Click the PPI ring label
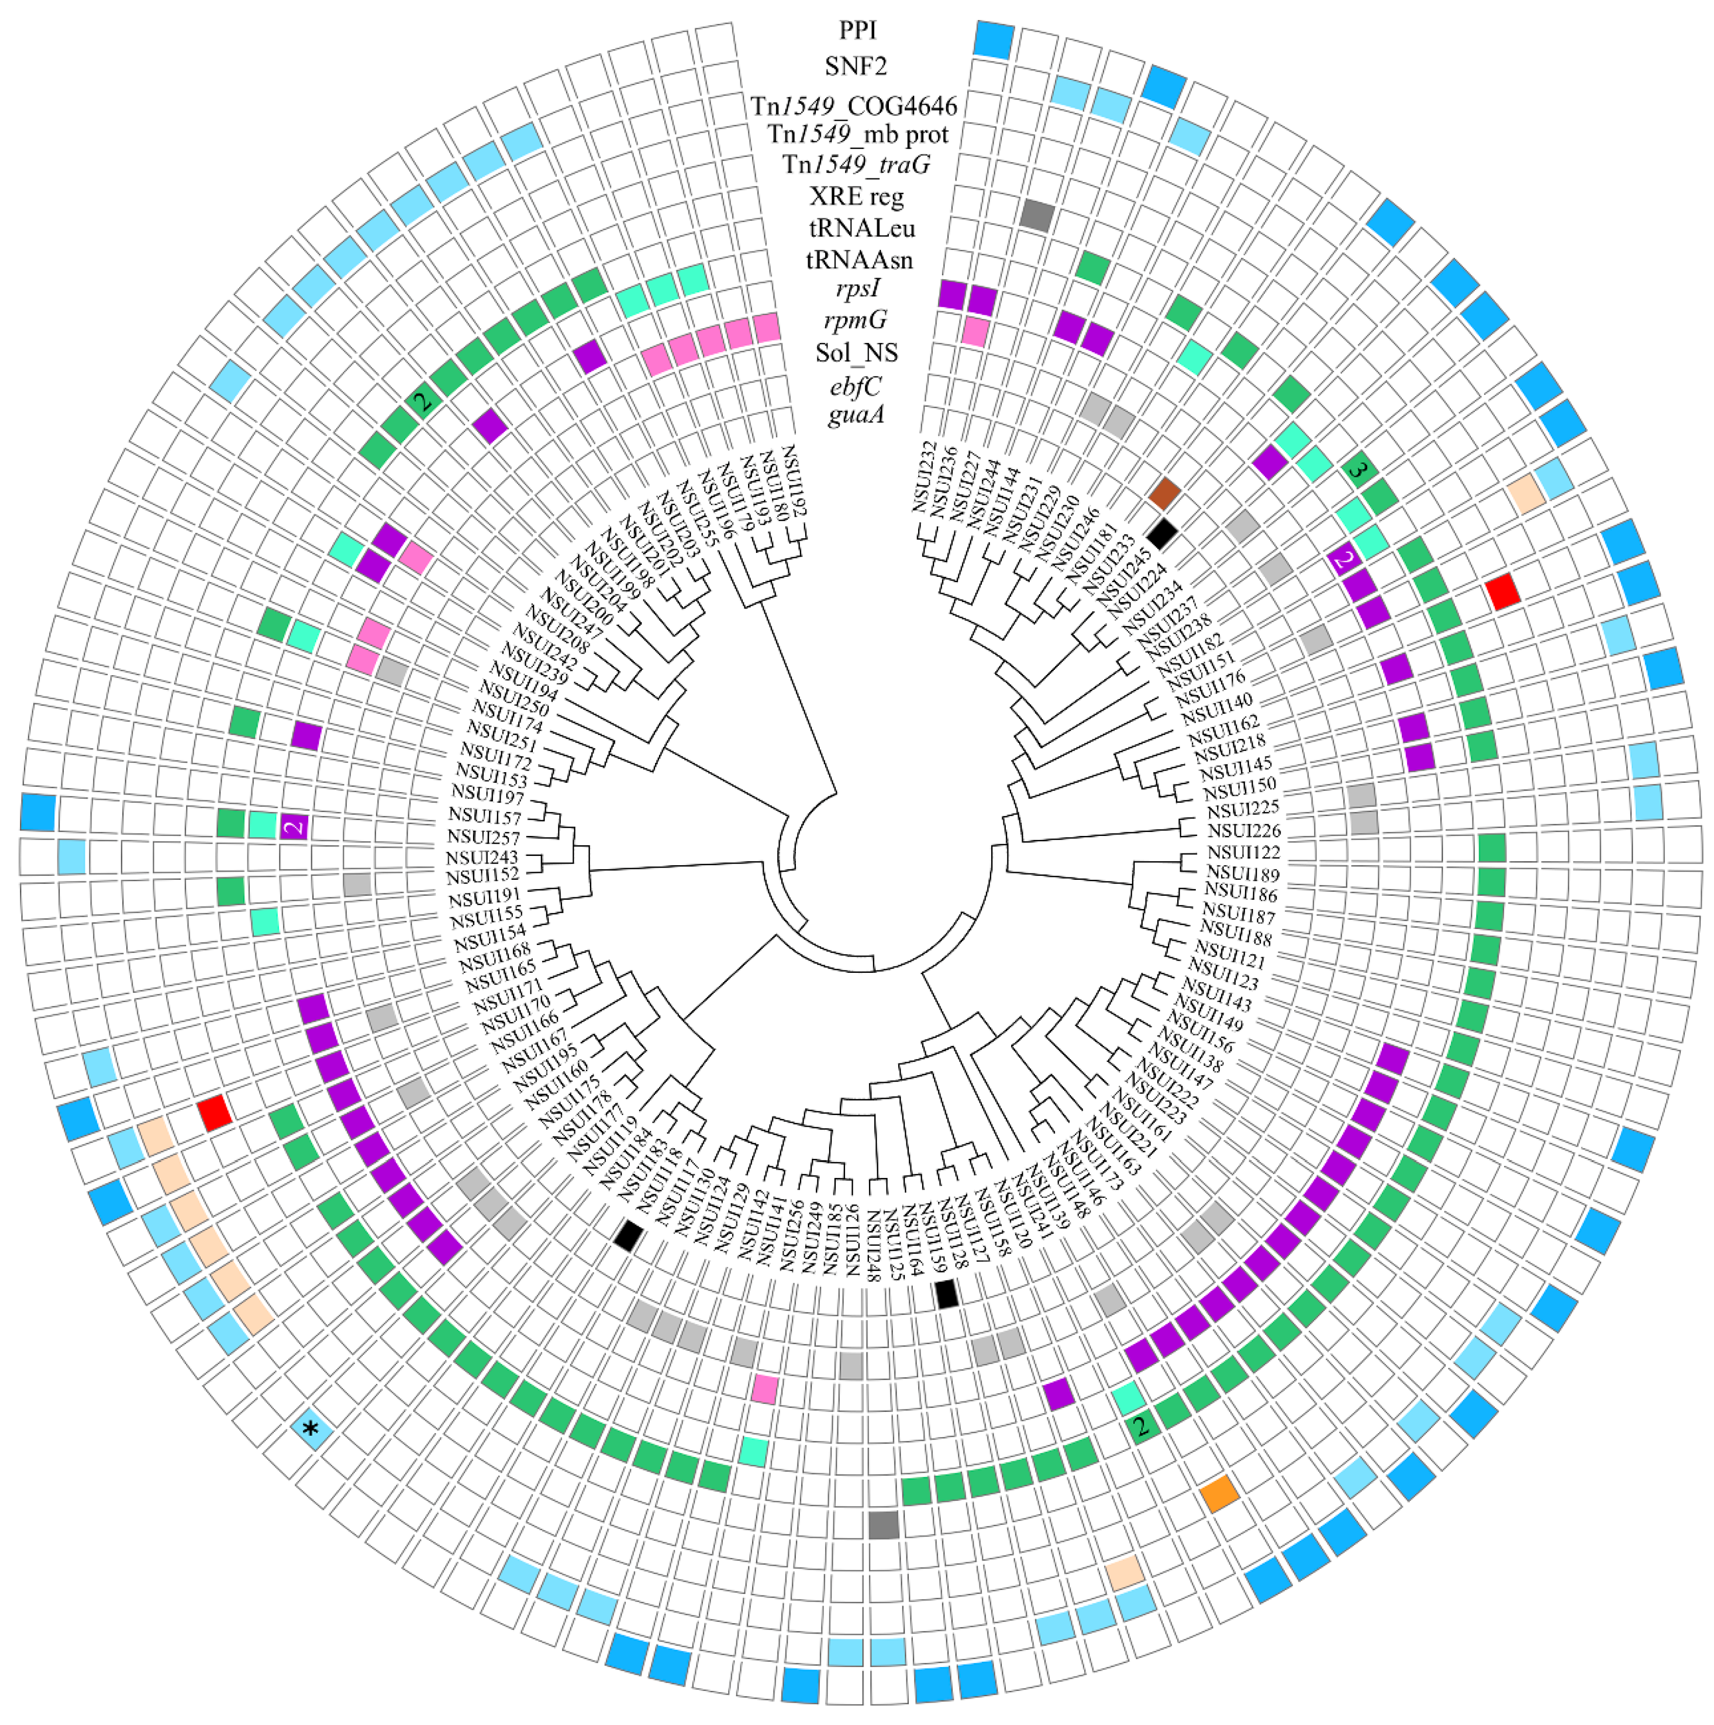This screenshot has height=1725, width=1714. click(x=857, y=30)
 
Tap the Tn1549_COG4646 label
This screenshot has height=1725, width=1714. click(x=854, y=106)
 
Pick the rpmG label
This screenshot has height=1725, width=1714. click(x=855, y=320)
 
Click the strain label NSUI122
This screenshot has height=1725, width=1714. click(x=1243, y=853)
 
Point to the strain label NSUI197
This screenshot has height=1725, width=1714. click(x=488, y=794)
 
